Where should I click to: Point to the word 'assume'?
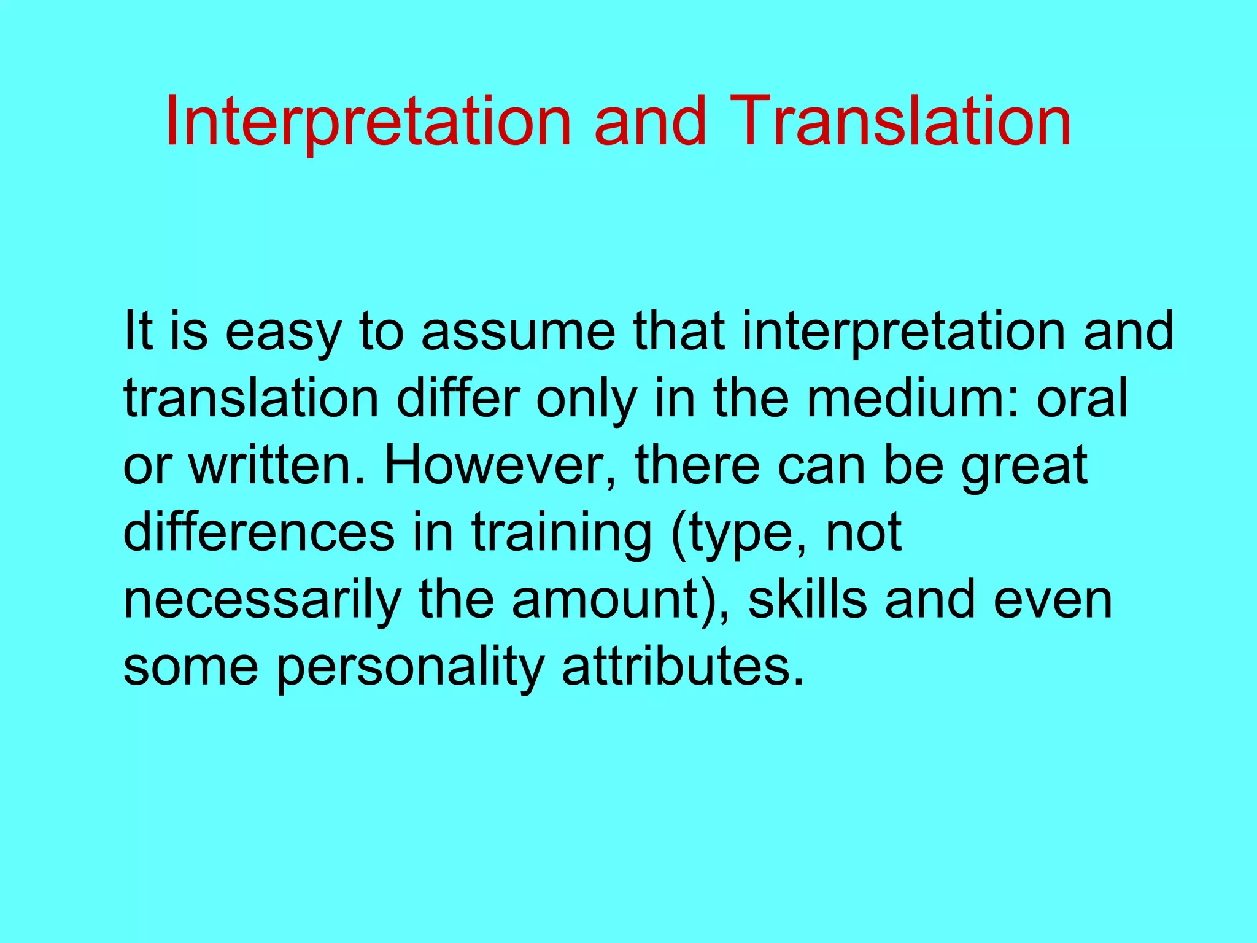517,332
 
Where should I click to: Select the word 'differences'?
259,532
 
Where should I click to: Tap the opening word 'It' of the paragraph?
139,332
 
